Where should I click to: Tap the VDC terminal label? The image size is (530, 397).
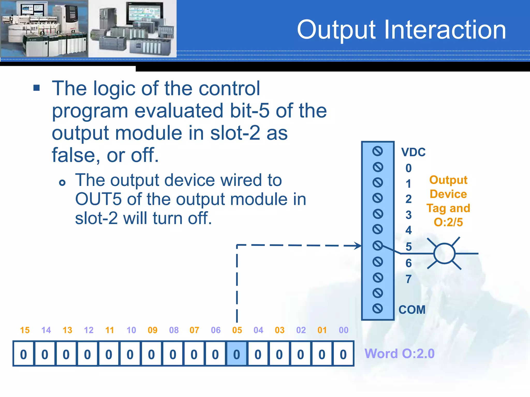tap(413, 152)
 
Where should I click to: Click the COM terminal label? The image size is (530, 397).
tap(412, 310)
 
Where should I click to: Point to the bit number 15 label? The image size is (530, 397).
tap(25, 330)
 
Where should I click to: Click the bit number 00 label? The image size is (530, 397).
tap(343, 330)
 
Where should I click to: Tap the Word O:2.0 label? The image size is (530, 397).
tap(399, 354)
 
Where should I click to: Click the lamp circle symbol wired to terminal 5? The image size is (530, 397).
tap(444, 254)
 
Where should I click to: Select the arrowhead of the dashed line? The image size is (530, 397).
tap(358, 246)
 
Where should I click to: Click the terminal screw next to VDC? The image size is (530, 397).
tap(378, 151)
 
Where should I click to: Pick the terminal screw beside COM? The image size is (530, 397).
tap(378, 308)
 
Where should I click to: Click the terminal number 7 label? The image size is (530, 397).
tap(408, 279)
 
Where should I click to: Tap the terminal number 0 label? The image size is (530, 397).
tap(408, 168)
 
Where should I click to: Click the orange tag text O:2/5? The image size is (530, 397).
tap(448, 222)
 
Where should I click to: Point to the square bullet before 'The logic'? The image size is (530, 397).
tap(36, 88)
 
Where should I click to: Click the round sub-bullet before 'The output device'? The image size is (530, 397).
tap(62, 183)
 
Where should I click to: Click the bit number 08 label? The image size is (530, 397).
tap(174, 330)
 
